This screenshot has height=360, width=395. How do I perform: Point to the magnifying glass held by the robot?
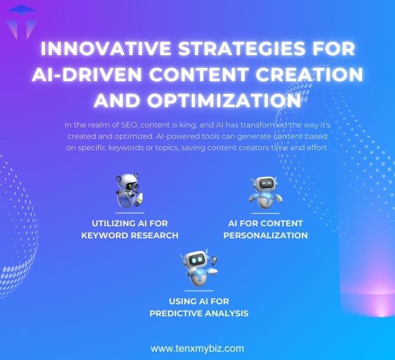213,260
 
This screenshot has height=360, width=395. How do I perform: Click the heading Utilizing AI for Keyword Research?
130,229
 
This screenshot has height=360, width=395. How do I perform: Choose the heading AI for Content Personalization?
265,229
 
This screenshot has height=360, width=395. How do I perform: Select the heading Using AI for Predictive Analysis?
199,307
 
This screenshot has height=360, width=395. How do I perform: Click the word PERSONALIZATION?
265,235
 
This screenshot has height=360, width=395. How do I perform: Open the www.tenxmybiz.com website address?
197,348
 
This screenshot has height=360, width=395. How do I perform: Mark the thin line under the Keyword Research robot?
130,213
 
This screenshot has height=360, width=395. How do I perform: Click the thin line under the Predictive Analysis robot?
198,291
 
